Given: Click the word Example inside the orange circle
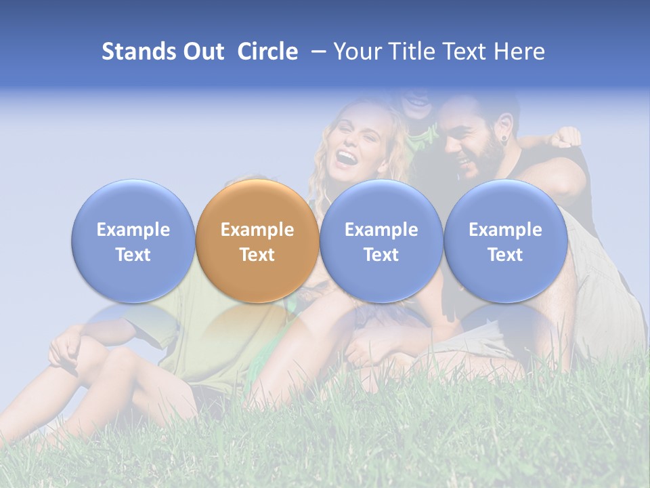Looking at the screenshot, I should point(257,230).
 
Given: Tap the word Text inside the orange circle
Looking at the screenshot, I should point(257,255).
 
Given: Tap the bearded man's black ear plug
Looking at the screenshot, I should point(503,140).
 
